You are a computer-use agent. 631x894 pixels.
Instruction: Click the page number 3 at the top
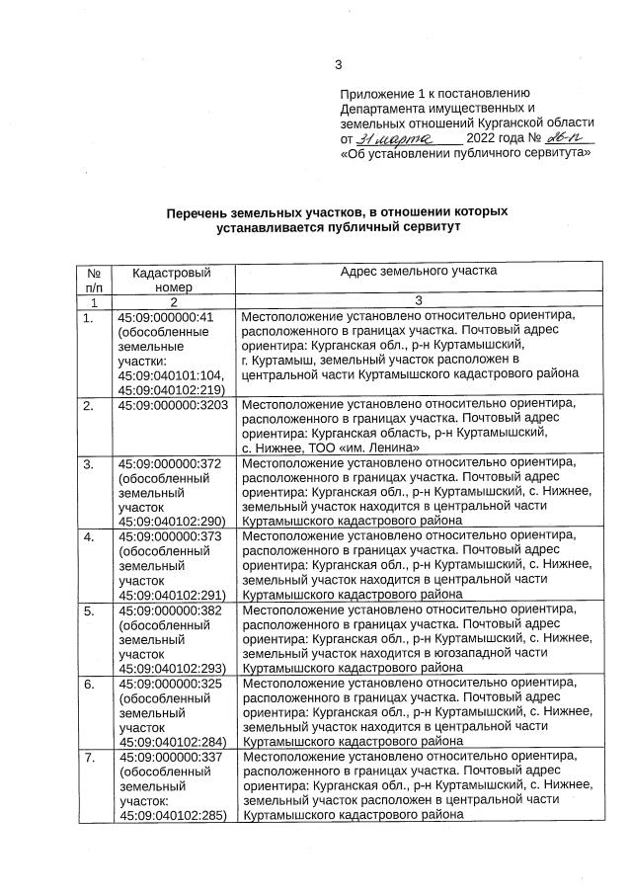pos(338,66)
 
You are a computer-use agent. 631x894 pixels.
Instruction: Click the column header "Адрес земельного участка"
pos(418,270)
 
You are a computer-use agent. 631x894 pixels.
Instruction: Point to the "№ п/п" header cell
pos(94,278)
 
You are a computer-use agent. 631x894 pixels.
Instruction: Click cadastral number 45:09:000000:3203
pos(173,405)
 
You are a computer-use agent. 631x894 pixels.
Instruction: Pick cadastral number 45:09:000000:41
pos(165,317)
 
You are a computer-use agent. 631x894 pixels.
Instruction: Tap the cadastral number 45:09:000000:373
pos(169,536)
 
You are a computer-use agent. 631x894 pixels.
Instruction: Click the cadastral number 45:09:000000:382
pos(169,610)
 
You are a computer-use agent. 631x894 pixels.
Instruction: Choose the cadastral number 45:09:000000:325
pos(169,684)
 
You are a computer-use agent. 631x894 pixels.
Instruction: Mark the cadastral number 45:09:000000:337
pos(169,757)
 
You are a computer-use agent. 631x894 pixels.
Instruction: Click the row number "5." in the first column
pos(89,610)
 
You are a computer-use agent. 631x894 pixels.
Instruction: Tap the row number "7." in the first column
pos(89,757)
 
